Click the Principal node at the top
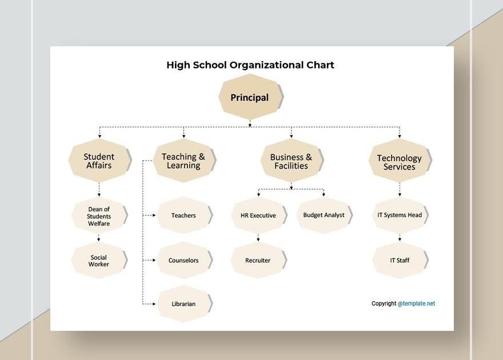click(249, 97)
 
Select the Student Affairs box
click(99, 161)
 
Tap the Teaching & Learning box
click(183, 161)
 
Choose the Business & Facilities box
click(291, 161)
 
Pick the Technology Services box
click(399, 162)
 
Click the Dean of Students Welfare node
click(99, 216)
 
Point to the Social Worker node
click(99, 261)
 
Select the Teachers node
click(183, 215)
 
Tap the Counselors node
click(183, 260)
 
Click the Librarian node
click(183, 303)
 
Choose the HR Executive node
click(258, 215)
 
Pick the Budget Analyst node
click(324, 215)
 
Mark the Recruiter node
click(258, 260)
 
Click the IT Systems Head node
click(400, 215)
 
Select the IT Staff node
click(400, 260)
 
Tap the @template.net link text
click(416, 303)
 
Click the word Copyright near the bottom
click(384, 303)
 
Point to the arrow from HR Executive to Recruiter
click(258, 237)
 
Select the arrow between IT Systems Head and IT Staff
click(400, 237)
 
